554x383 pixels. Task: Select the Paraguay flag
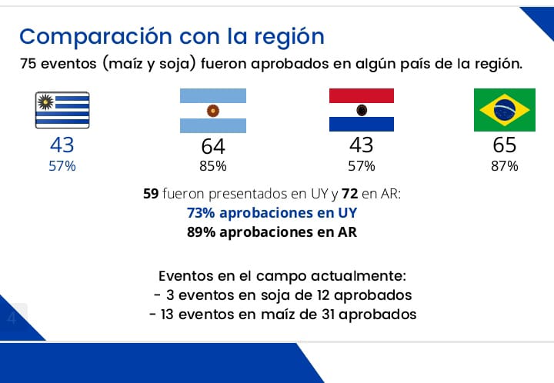tap(362, 110)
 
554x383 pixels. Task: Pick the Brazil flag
tap(505, 110)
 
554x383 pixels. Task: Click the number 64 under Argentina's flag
tap(213, 146)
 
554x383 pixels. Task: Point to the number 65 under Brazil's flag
tap(505, 145)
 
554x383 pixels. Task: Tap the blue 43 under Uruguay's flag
tap(62, 145)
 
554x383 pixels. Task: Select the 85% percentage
tap(213, 166)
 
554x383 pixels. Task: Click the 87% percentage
tap(505, 166)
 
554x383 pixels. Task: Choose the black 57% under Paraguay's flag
tap(361, 166)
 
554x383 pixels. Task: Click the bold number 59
tap(151, 195)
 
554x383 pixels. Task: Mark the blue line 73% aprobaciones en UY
tap(272, 213)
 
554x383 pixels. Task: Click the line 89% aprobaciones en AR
tap(272, 231)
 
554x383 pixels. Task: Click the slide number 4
tap(12, 318)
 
